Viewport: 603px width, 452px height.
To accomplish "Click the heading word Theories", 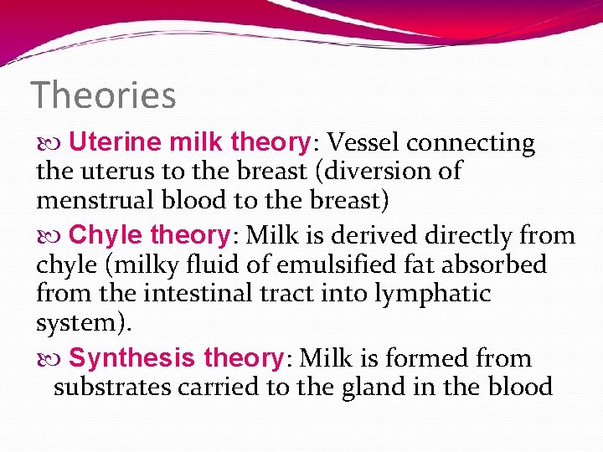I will pyautogui.click(x=103, y=95).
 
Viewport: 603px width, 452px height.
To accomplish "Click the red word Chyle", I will pyautogui.click(x=103, y=235).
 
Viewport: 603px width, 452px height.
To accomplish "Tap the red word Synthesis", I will pyautogui.click(x=134, y=358).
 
